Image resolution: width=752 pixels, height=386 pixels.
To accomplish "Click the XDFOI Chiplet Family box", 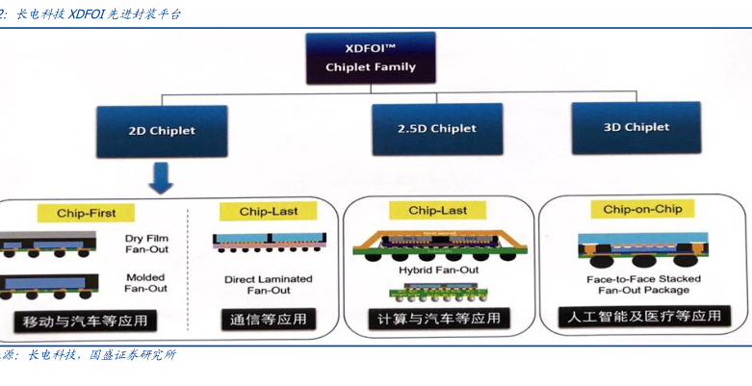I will click(x=371, y=58).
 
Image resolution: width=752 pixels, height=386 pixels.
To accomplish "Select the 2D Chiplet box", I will click(x=162, y=131).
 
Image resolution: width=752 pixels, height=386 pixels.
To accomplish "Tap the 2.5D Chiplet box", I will click(x=437, y=129).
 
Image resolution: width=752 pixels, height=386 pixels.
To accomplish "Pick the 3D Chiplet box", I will click(x=635, y=127).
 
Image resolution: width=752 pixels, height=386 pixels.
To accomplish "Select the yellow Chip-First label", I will click(x=85, y=213).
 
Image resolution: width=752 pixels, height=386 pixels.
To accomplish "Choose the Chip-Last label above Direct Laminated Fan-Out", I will click(x=269, y=211).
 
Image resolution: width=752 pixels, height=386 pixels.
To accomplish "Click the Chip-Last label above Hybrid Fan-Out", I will click(x=438, y=210).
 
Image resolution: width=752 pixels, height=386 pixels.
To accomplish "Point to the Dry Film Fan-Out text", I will click(x=146, y=244).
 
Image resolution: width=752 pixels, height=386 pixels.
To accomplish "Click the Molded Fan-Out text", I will click(x=146, y=282).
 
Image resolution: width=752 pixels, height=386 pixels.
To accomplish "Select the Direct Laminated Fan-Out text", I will click(x=269, y=284).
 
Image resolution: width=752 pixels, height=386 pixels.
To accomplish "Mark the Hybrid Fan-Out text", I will click(x=439, y=270).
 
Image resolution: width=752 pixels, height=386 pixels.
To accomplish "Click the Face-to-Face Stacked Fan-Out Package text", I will click(x=643, y=284).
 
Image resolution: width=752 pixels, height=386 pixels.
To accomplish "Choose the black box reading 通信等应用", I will click(x=269, y=320).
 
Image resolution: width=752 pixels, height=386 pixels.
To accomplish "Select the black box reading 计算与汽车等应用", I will click(x=439, y=319).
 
